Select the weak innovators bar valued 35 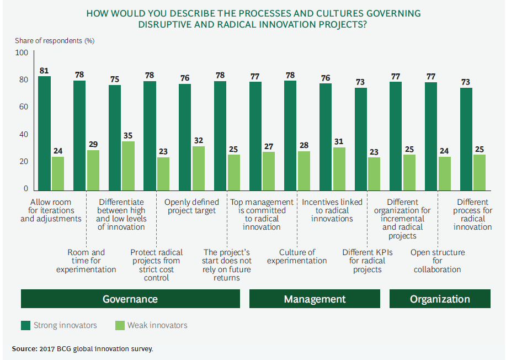(128, 166)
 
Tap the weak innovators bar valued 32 (198, 168)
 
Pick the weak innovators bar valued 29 (93, 170)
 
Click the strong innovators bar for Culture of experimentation (290, 135)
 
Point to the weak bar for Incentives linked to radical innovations (339, 168)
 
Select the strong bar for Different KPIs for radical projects (361, 139)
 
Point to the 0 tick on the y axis (25, 189)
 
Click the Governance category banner (130, 299)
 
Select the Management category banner (315, 299)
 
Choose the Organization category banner (440, 299)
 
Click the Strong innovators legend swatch (25, 325)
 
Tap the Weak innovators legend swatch (119, 325)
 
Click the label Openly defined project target (191, 206)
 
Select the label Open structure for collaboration (438, 261)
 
